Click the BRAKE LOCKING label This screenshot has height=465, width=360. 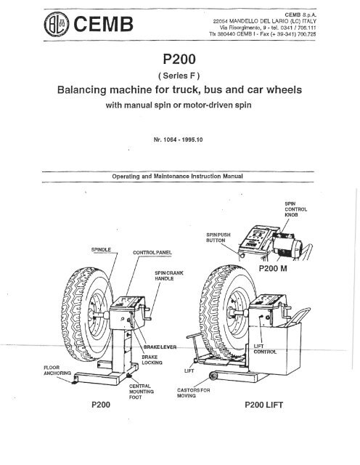159,362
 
